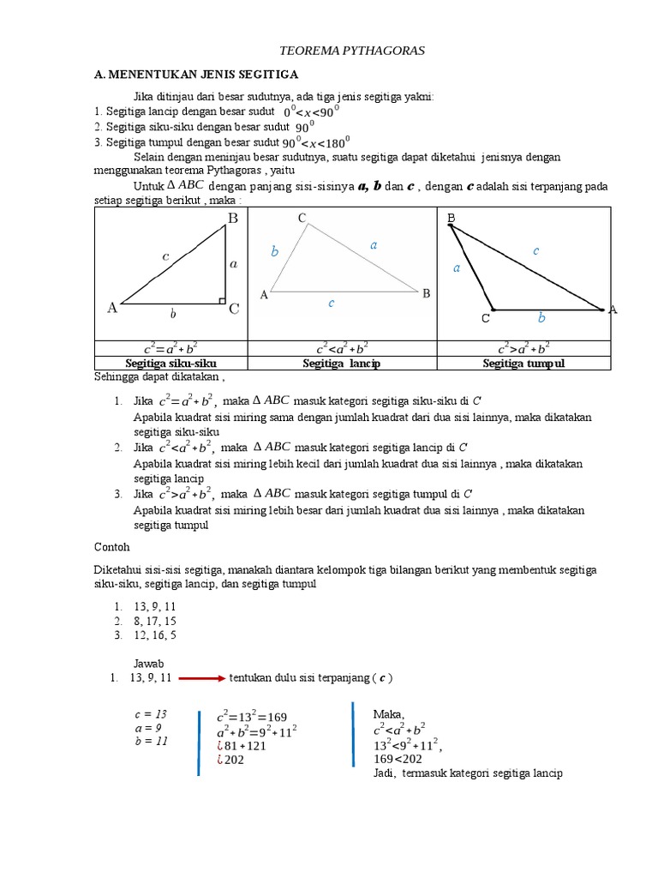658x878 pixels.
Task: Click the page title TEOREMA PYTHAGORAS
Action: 353,51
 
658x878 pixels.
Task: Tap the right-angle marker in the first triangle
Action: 222,301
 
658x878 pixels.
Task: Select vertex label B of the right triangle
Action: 232,219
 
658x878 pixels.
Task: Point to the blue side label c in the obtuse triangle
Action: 535,250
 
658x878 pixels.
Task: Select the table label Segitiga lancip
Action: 341,363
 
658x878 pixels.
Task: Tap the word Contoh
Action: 111,545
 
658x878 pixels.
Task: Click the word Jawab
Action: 148,663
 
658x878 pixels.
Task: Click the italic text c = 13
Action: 151,714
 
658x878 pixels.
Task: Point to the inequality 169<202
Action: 398,759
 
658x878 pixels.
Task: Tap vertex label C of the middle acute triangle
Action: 302,219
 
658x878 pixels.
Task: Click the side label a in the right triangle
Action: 233,264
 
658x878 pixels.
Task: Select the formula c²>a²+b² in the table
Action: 523,348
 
